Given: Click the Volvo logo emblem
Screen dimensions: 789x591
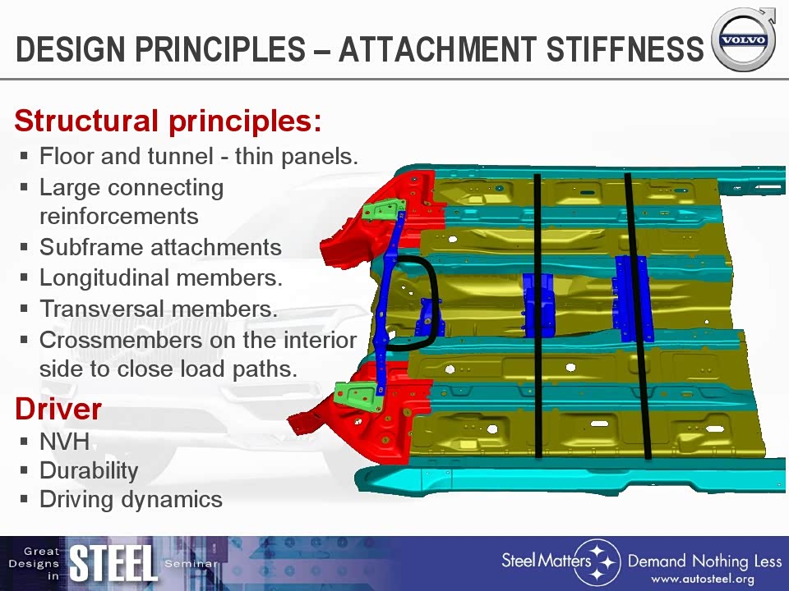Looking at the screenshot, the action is pos(744,39).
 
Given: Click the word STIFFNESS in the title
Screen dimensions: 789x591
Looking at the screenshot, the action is pos(625,48).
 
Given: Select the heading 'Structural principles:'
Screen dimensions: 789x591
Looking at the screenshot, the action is pos(168,121).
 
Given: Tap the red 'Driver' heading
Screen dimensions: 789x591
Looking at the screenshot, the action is pos(58,409).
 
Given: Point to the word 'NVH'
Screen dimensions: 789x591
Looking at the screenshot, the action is pos(64,442).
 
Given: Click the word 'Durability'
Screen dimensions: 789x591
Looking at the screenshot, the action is pos(89,471).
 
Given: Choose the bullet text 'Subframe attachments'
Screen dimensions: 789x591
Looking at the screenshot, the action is pos(160,247).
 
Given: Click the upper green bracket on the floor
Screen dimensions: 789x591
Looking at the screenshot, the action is pos(384,209).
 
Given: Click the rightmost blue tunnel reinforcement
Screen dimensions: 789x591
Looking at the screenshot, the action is pos(632,299).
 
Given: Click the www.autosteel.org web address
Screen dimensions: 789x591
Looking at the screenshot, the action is pos(703,579).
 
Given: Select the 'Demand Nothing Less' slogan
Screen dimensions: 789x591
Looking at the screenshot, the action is pos(704,561).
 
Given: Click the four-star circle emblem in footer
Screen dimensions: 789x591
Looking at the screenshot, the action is pos(598,562).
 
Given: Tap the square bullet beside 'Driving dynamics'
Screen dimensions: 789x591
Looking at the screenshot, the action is pos(24,499).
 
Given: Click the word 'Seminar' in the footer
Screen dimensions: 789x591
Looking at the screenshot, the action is pos(191,564).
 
